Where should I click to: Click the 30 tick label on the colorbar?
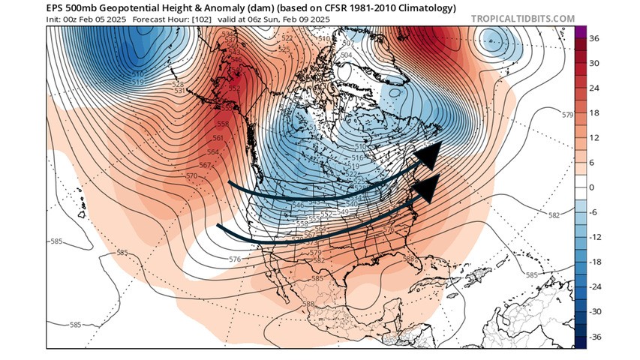[593, 64]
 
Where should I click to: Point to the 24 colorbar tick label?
[593, 88]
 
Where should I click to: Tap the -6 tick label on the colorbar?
[592, 212]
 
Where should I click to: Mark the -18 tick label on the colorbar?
[593, 262]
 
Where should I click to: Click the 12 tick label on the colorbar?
[593, 138]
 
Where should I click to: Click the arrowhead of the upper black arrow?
[428, 156]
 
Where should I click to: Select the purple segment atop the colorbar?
[580, 32]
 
